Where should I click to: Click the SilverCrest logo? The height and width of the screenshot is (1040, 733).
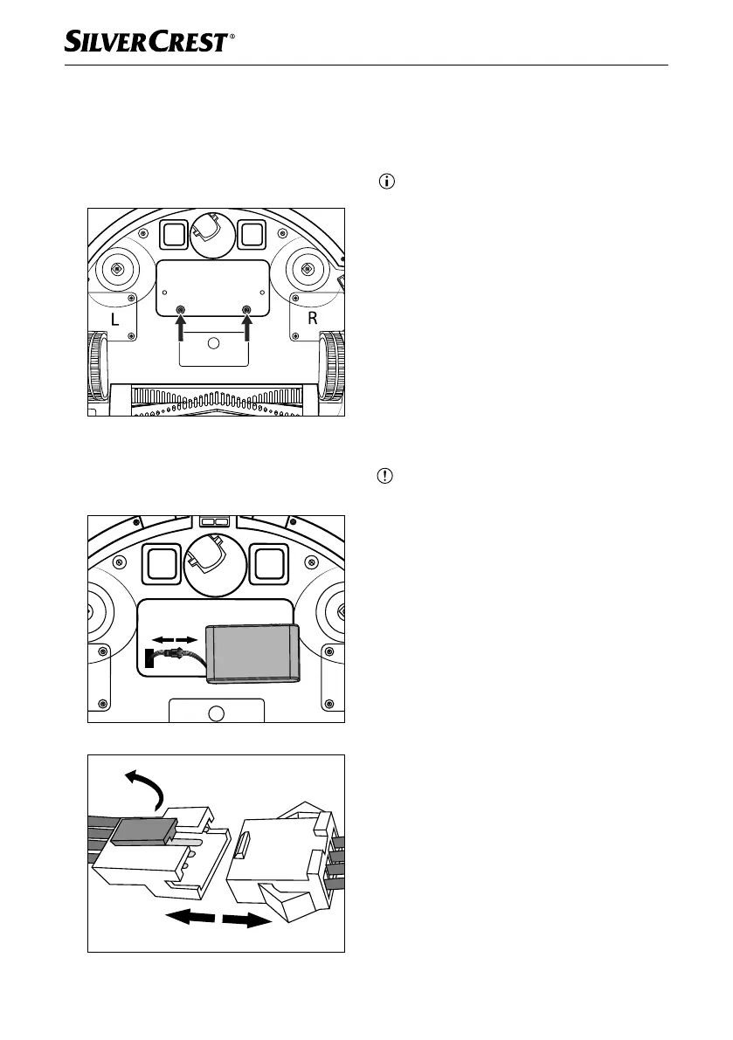click(146, 41)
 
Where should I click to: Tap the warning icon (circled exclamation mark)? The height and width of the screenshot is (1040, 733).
click(387, 477)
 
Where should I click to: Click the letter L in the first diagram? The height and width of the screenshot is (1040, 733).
click(114, 320)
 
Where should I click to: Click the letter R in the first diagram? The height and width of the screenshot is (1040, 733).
click(312, 320)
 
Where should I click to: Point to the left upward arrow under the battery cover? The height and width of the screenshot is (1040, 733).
click(181, 330)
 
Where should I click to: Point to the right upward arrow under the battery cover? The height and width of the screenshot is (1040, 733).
click(246, 330)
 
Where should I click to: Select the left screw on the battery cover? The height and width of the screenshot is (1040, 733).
click(181, 310)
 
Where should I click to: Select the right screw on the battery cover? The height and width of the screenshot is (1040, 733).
click(246, 310)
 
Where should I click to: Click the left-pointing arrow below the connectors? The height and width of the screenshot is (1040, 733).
click(190, 917)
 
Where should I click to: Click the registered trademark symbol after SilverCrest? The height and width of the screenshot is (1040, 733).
click(232, 38)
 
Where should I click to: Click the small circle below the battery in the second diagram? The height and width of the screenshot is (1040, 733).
click(218, 713)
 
